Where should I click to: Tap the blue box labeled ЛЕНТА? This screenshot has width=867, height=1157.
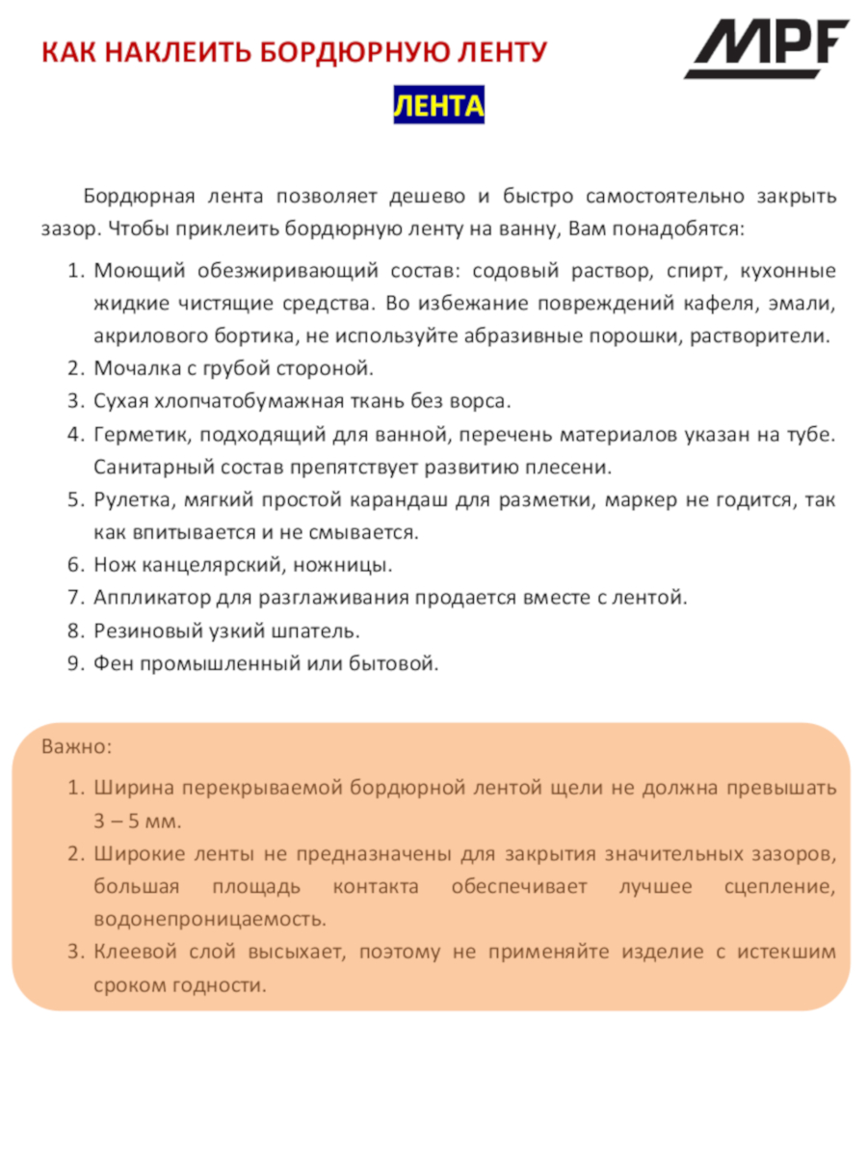click(438, 106)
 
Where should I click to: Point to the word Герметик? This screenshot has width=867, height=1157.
click(135, 434)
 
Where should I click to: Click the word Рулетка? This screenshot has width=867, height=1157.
click(130, 499)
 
